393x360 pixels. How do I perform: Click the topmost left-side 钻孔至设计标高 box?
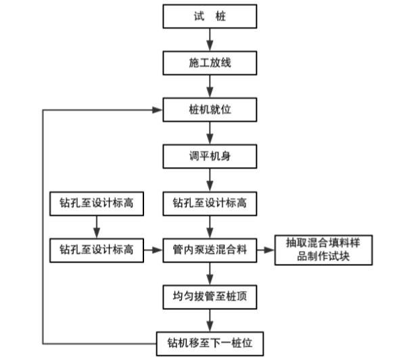click(x=96, y=203)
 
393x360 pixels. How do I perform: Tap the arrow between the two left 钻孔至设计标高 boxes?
click(x=96, y=226)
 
